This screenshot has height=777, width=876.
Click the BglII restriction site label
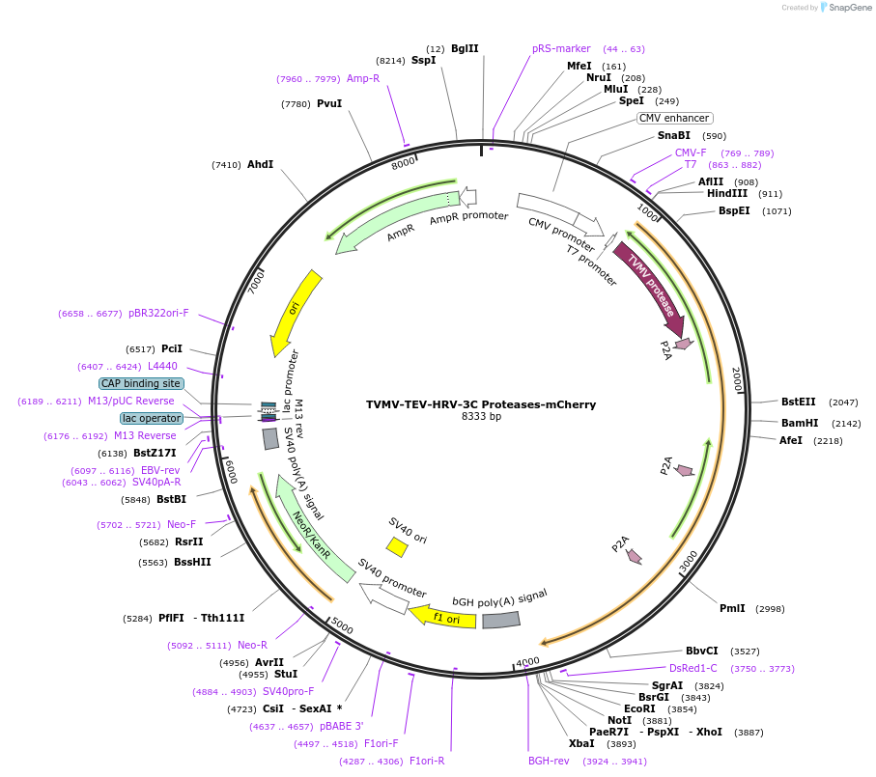coord(465,48)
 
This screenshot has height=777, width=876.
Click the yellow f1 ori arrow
coord(443,617)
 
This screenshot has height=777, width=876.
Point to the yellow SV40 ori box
coord(397,547)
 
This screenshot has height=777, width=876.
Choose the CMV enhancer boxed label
coord(674,118)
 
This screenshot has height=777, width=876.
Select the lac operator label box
coord(152,418)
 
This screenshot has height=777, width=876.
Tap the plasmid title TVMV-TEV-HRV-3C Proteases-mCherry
coord(481,404)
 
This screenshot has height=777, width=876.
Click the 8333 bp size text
coord(481,417)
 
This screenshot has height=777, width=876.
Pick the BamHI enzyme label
coord(800,423)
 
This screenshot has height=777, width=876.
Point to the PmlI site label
coord(732,608)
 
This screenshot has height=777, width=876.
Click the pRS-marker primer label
coord(561,48)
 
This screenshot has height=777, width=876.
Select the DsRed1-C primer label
coord(692,668)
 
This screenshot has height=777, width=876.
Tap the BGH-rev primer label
coord(549,761)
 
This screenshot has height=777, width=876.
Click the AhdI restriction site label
coord(260,164)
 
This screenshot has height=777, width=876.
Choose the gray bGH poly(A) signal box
coord(500,620)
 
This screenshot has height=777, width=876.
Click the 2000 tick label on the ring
coord(736,378)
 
